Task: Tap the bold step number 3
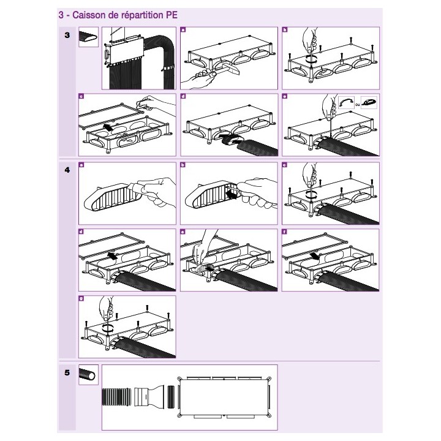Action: pos(67,37)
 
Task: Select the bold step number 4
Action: pos(67,171)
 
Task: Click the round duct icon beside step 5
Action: pos(88,374)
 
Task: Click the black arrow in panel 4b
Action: pos(232,195)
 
